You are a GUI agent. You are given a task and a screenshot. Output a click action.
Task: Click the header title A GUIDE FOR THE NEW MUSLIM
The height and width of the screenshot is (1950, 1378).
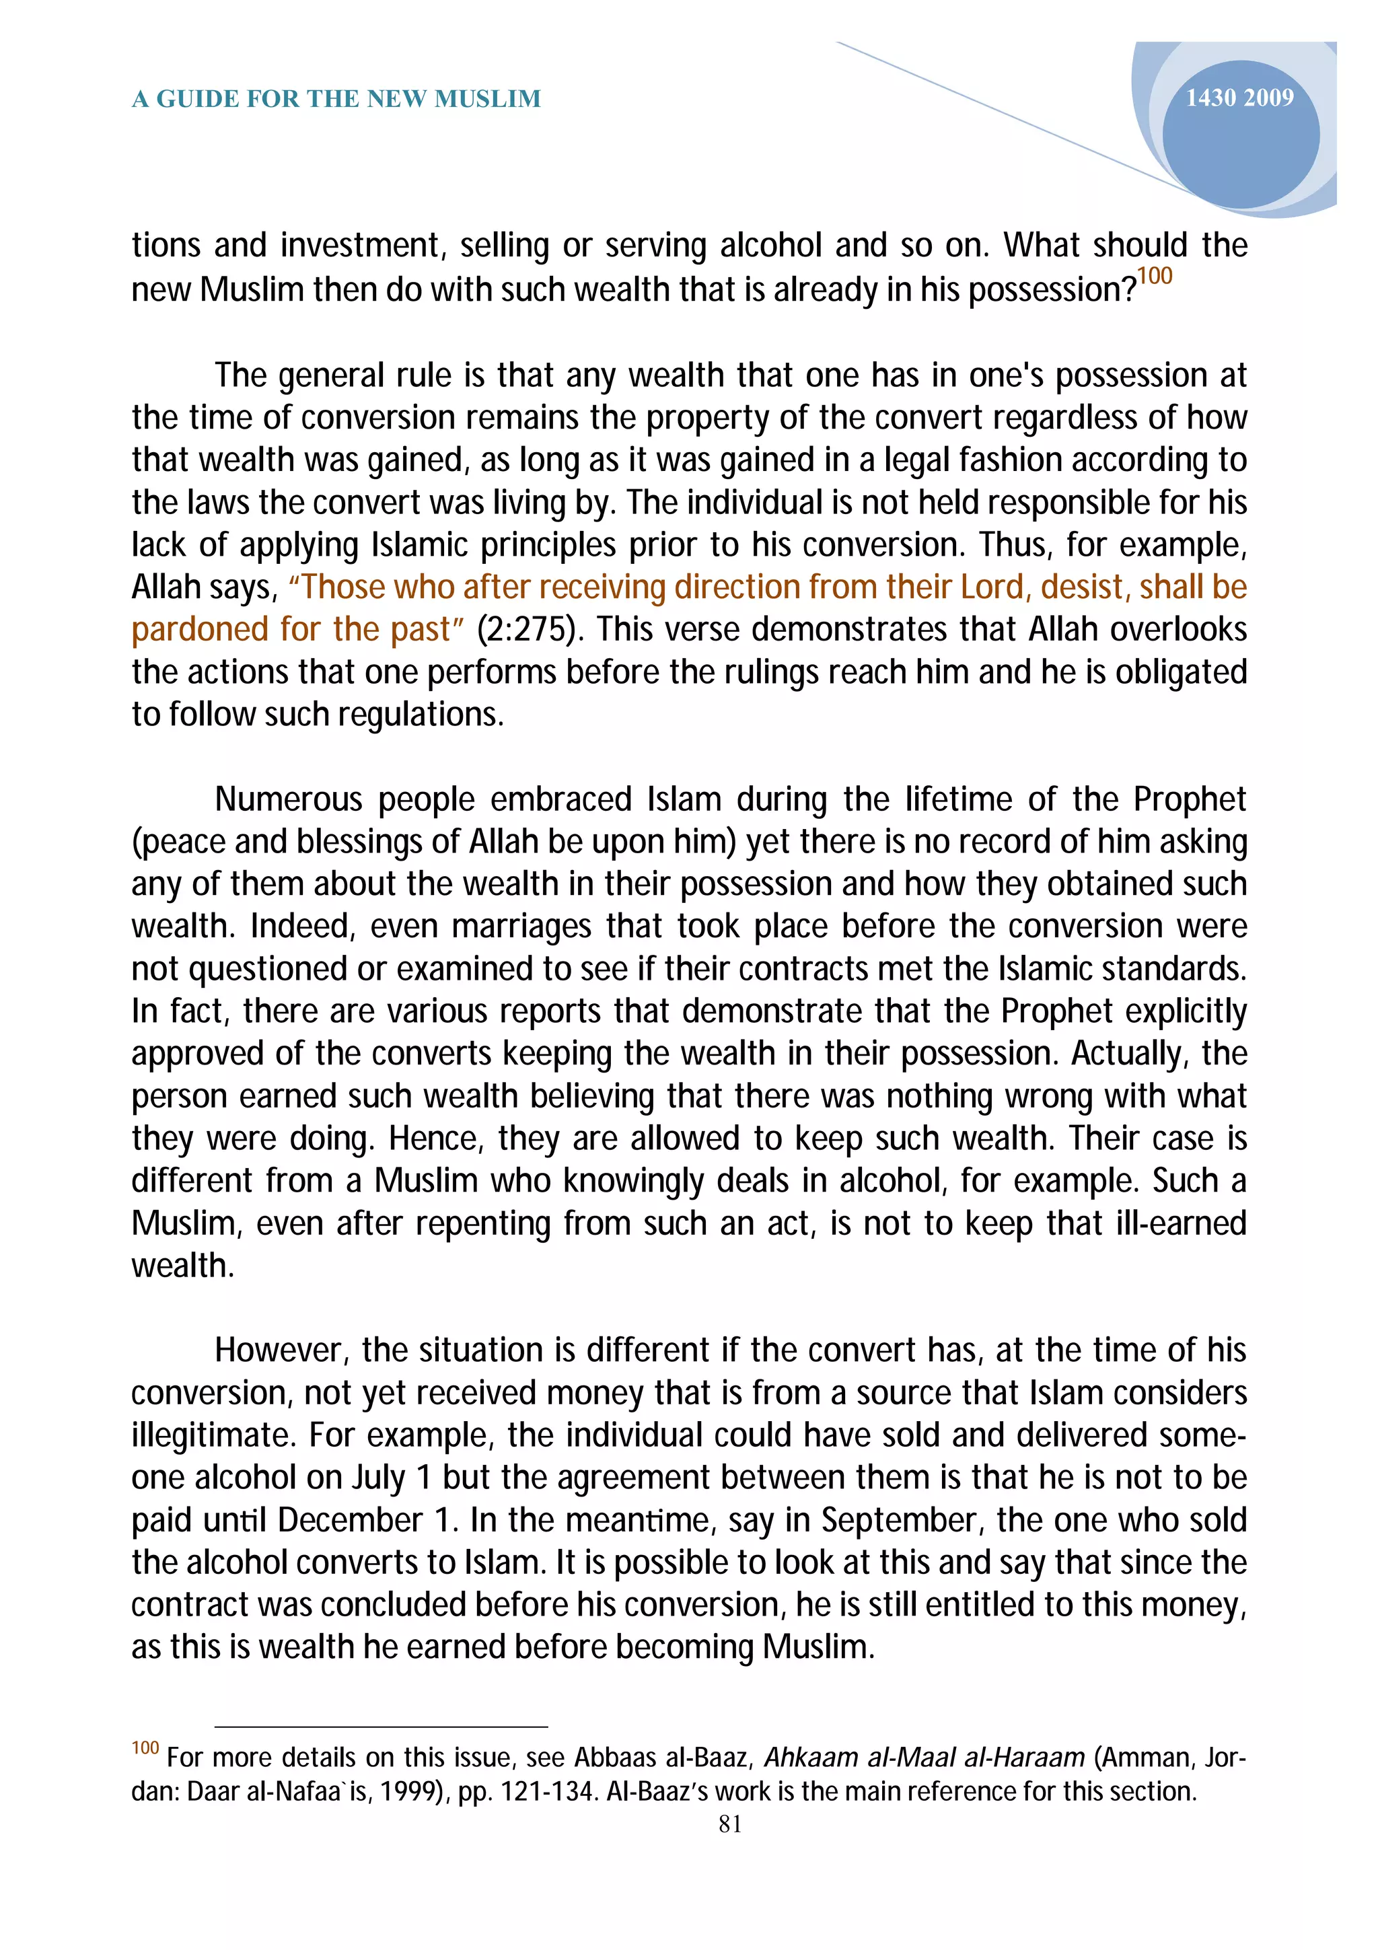coord(336,100)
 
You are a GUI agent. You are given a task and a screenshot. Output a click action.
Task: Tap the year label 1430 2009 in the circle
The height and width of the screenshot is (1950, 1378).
coord(1239,98)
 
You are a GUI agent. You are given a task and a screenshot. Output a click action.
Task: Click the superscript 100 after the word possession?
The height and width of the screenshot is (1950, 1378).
coord(1155,276)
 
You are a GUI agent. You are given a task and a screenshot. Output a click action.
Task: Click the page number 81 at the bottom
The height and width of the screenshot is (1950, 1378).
coord(730,1823)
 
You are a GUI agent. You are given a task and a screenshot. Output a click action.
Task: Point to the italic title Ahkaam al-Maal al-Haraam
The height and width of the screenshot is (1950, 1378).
coord(924,1757)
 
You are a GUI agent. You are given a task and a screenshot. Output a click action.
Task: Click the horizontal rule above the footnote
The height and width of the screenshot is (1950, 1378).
coord(382,1727)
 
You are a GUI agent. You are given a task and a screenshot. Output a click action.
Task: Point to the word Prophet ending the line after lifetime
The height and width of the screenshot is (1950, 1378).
coord(1190,800)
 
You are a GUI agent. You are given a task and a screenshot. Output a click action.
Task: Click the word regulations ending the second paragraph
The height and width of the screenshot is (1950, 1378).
coord(416,715)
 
